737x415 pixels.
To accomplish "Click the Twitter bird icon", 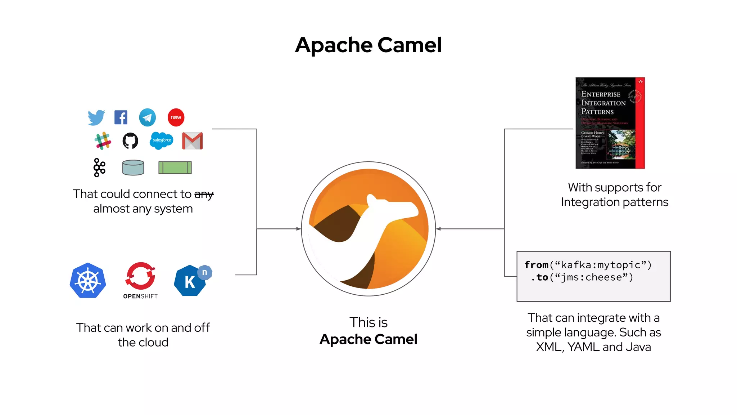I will click(x=96, y=117).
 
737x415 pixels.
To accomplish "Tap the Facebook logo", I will click(x=121, y=117).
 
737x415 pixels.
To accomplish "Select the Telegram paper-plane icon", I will click(x=148, y=117).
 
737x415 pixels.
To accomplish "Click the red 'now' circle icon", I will click(x=176, y=117).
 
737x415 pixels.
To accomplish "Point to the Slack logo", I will click(x=103, y=140).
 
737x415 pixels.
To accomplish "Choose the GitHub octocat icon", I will click(x=130, y=141).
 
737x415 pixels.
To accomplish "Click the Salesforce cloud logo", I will click(x=162, y=140).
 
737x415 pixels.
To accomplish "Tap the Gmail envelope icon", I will click(x=193, y=141).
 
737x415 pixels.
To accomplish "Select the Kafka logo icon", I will click(x=99, y=168).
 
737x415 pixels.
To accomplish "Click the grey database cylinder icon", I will click(x=133, y=168).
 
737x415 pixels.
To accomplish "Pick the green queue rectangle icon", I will click(x=175, y=168).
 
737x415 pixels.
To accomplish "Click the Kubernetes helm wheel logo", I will click(x=88, y=281).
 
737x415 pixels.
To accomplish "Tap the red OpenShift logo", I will click(x=140, y=277).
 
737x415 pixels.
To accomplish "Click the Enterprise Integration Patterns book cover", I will click(x=610, y=123).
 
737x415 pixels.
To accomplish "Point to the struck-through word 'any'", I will click(x=204, y=195).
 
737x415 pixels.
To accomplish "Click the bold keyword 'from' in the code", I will click(x=536, y=265).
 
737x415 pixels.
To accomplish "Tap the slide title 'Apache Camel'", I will click(x=368, y=45).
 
